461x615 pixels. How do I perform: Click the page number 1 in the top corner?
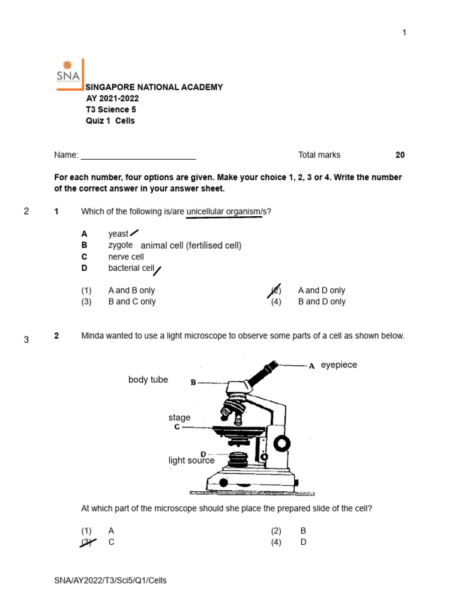[x=404, y=32]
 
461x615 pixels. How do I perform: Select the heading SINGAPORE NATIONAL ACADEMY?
[x=154, y=87]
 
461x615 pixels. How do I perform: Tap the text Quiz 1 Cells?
[x=110, y=121]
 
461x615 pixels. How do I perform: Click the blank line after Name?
[x=138, y=156]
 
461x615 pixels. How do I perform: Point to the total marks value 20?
[x=400, y=155]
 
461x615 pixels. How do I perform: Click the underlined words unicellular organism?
[x=224, y=211]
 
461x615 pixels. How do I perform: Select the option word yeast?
[x=118, y=234]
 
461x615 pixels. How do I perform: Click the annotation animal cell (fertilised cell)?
[x=191, y=246]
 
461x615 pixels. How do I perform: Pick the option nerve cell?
[x=126, y=257]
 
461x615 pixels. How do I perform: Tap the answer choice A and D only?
[x=321, y=291]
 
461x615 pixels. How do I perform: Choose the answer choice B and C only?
[x=131, y=302]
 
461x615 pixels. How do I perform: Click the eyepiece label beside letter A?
[x=339, y=365]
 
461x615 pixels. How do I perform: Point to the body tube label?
[x=148, y=380]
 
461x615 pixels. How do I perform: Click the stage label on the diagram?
[x=179, y=417]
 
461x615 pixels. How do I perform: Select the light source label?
[x=191, y=461]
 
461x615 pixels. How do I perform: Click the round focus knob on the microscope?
[x=282, y=444]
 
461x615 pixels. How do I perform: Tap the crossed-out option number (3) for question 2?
[x=87, y=542]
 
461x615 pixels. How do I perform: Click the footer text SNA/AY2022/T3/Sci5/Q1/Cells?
[x=110, y=580]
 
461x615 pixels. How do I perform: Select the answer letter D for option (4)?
[x=303, y=542]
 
